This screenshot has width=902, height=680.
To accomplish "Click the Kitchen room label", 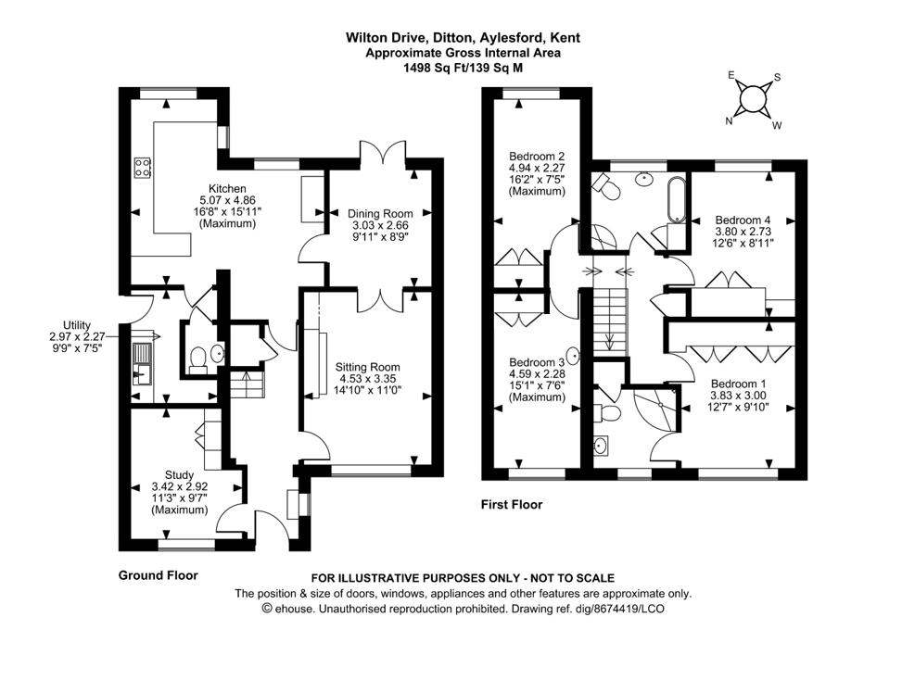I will tap(227, 189).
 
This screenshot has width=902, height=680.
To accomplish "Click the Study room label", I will tap(180, 474).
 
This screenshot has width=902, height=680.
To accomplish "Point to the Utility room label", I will tap(76, 325).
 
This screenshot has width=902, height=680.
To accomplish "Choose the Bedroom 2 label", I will tap(537, 156).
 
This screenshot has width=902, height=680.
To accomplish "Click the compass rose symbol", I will tap(754, 97).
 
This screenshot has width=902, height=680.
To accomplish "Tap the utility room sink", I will tap(143, 363).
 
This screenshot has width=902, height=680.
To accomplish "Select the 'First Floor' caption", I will tap(512, 505).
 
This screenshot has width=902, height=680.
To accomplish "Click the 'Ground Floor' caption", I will tap(158, 575).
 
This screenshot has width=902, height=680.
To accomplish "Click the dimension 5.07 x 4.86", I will tap(227, 200).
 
